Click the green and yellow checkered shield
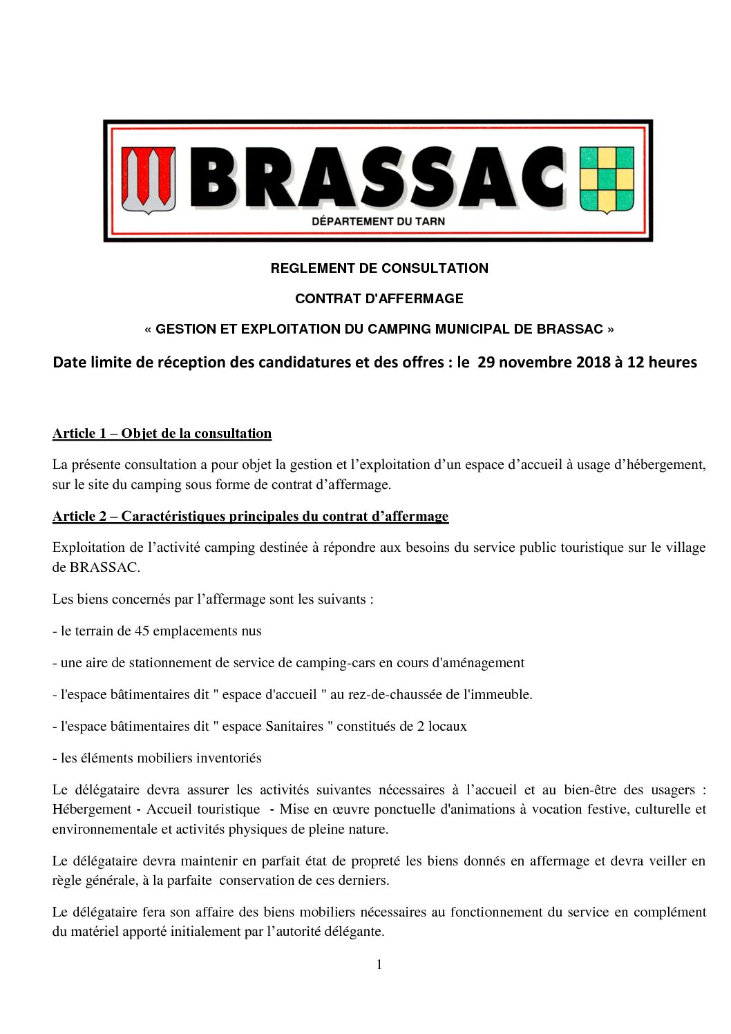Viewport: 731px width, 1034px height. (x=606, y=179)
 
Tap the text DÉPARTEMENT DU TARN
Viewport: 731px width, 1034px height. (x=379, y=221)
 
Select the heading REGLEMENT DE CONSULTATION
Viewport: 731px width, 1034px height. (x=379, y=268)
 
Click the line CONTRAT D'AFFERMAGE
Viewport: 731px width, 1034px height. (x=379, y=298)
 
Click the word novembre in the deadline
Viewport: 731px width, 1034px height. (x=535, y=362)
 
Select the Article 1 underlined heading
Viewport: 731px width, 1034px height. (x=162, y=434)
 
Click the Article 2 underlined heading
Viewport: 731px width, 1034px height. (x=250, y=516)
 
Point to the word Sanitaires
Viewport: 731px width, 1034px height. (x=294, y=726)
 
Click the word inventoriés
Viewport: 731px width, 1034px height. (x=229, y=758)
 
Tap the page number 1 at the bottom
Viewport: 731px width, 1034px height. (x=379, y=964)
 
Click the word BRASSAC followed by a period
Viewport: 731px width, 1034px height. (x=104, y=567)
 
